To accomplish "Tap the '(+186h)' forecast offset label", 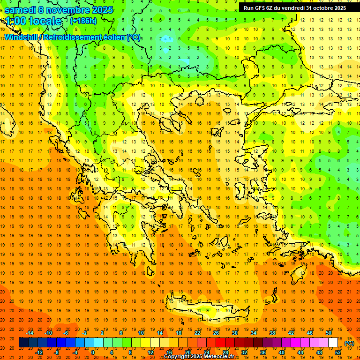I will tap(83, 21).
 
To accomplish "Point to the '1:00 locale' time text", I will tap(33, 22).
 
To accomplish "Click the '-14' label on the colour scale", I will tap(30, 333).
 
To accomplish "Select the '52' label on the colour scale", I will tap(338, 352).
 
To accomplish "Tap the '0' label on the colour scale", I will tap(93, 352).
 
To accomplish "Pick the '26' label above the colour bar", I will tap(216, 333).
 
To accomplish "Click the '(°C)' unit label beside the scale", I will tap(349, 343).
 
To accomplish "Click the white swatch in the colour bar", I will tap(333, 343).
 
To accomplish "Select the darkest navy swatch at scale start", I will tap(23, 343).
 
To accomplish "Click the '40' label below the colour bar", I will tap(282, 352).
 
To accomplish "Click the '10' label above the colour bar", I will tap(141, 333).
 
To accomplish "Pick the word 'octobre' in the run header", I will tap(320, 8).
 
